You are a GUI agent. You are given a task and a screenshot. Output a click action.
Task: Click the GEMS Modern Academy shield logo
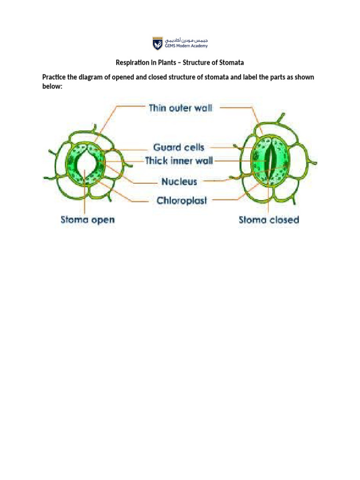pos(157,44)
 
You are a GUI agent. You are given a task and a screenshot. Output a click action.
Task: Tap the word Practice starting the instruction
pos(54,77)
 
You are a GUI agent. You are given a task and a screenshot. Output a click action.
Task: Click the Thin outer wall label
pos(180,108)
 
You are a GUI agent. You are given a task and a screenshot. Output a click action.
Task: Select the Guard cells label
pos(179,147)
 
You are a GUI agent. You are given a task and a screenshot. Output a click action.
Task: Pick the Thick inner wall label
pos(179,161)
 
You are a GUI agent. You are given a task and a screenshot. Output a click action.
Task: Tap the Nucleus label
pos(180,181)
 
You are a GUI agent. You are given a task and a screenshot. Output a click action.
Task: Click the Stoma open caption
pos(88,219)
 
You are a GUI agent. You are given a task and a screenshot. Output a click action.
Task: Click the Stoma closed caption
pos(269,219)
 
